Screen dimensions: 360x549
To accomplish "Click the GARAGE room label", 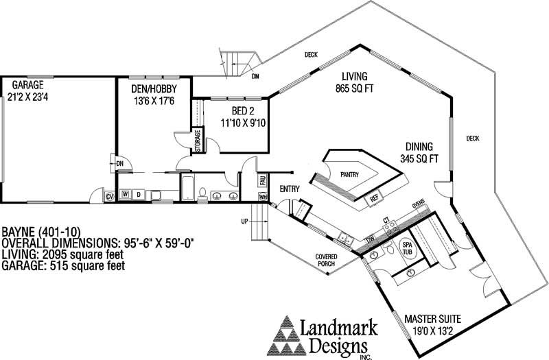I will (23, 84).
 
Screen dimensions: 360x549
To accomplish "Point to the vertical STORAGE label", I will (198, 140).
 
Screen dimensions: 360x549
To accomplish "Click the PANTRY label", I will (349, 175).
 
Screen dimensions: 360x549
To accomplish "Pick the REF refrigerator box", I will (374, 198).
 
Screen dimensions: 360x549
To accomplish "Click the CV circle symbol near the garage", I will (109, 197).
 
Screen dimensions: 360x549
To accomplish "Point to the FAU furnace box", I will (262, 180).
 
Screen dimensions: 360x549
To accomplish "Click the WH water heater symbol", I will (262, 197).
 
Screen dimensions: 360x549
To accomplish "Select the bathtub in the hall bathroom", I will (188, 187).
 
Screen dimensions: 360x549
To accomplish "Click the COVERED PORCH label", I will (326, 262).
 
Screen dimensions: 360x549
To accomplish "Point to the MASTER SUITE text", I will (432, 319).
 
